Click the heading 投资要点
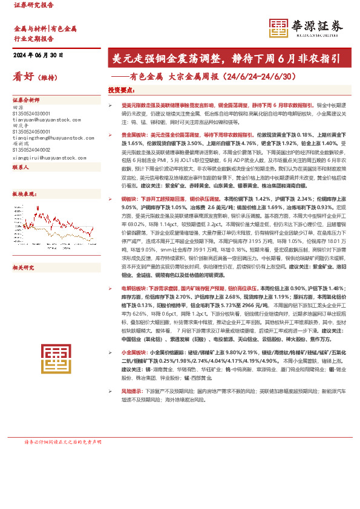click(120, 90)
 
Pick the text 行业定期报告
click(34, 38)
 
